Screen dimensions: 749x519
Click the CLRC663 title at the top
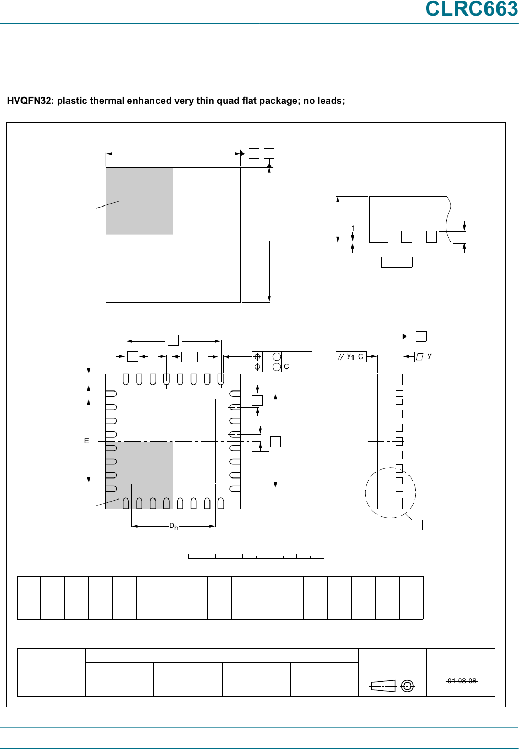(471, 9)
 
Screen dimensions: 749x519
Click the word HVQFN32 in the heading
(29, 101)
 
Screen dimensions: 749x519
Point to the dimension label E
(87, 441)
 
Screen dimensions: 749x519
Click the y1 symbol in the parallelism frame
(351, 356)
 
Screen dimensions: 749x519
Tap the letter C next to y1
(361, 356)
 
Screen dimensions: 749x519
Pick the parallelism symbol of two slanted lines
(340, 356)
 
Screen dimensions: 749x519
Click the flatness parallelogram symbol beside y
(419, 356)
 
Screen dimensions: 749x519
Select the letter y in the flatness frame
(429, 356)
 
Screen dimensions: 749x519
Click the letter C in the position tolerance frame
(286, 367)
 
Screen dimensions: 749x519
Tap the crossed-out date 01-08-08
(461, 681)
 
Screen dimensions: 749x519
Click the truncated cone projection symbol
(383, 686)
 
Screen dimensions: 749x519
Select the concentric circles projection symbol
(407, 686)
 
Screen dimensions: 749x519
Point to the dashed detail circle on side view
(365, 493)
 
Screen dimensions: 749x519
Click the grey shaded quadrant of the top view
(139, 201)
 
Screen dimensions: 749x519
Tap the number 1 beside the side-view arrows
(354, 229)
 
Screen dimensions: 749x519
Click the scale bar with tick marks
(256, 556)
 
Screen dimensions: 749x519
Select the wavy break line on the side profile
(449, 215)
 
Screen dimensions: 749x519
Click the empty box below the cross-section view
(396, 262)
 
